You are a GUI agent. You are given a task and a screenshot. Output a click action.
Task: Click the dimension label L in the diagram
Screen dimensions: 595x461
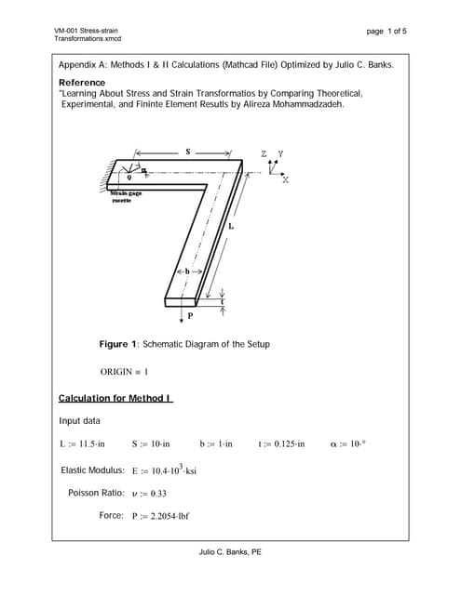point(230,227)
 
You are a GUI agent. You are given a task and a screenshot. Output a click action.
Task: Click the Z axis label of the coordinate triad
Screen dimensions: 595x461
point(264,152)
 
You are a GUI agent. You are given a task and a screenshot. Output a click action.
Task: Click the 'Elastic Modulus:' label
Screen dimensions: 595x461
point(92,469)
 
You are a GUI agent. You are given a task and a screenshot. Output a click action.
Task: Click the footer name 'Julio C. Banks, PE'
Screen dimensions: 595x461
point(230,551)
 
